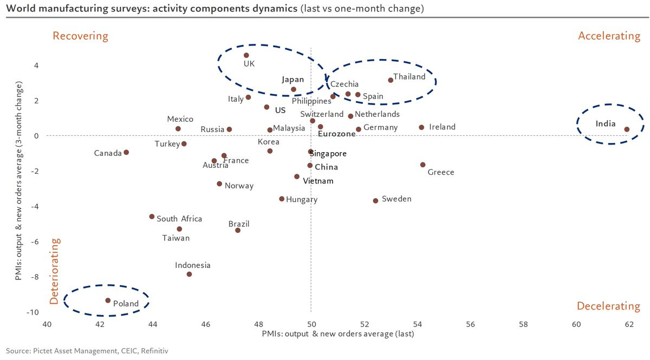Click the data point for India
coord(627,129)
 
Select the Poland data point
coord(108,300)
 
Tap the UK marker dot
coord(246,55)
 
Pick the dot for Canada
coord(126,152)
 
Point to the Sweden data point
coord(375,201)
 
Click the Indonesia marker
coord(189,274)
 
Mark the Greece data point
coord(423,165)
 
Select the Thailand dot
coord(391,80)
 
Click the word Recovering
coord(80,36)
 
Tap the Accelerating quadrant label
coord(609,36)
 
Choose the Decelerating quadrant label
coord(608,306)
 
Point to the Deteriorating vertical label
coord(55,271)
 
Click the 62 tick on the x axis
coord(629,324)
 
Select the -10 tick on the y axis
coord(32,312)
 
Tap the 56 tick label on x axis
coord(470,324)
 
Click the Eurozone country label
coord(336,134)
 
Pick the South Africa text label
coord(179,219)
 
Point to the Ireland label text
coord(442,127)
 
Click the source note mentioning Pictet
coord(87,351)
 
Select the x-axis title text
coord(338,334)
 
